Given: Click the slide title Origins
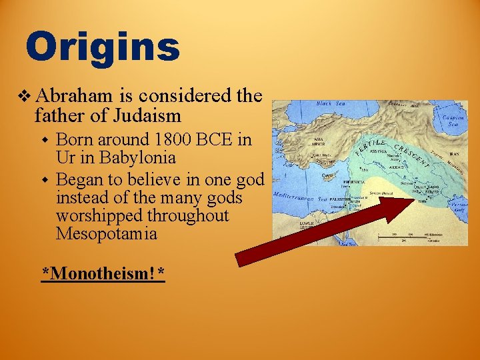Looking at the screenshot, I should [103, 47].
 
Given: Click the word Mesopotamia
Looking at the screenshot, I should [107, 234].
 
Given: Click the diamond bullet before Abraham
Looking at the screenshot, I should [25, 95].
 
